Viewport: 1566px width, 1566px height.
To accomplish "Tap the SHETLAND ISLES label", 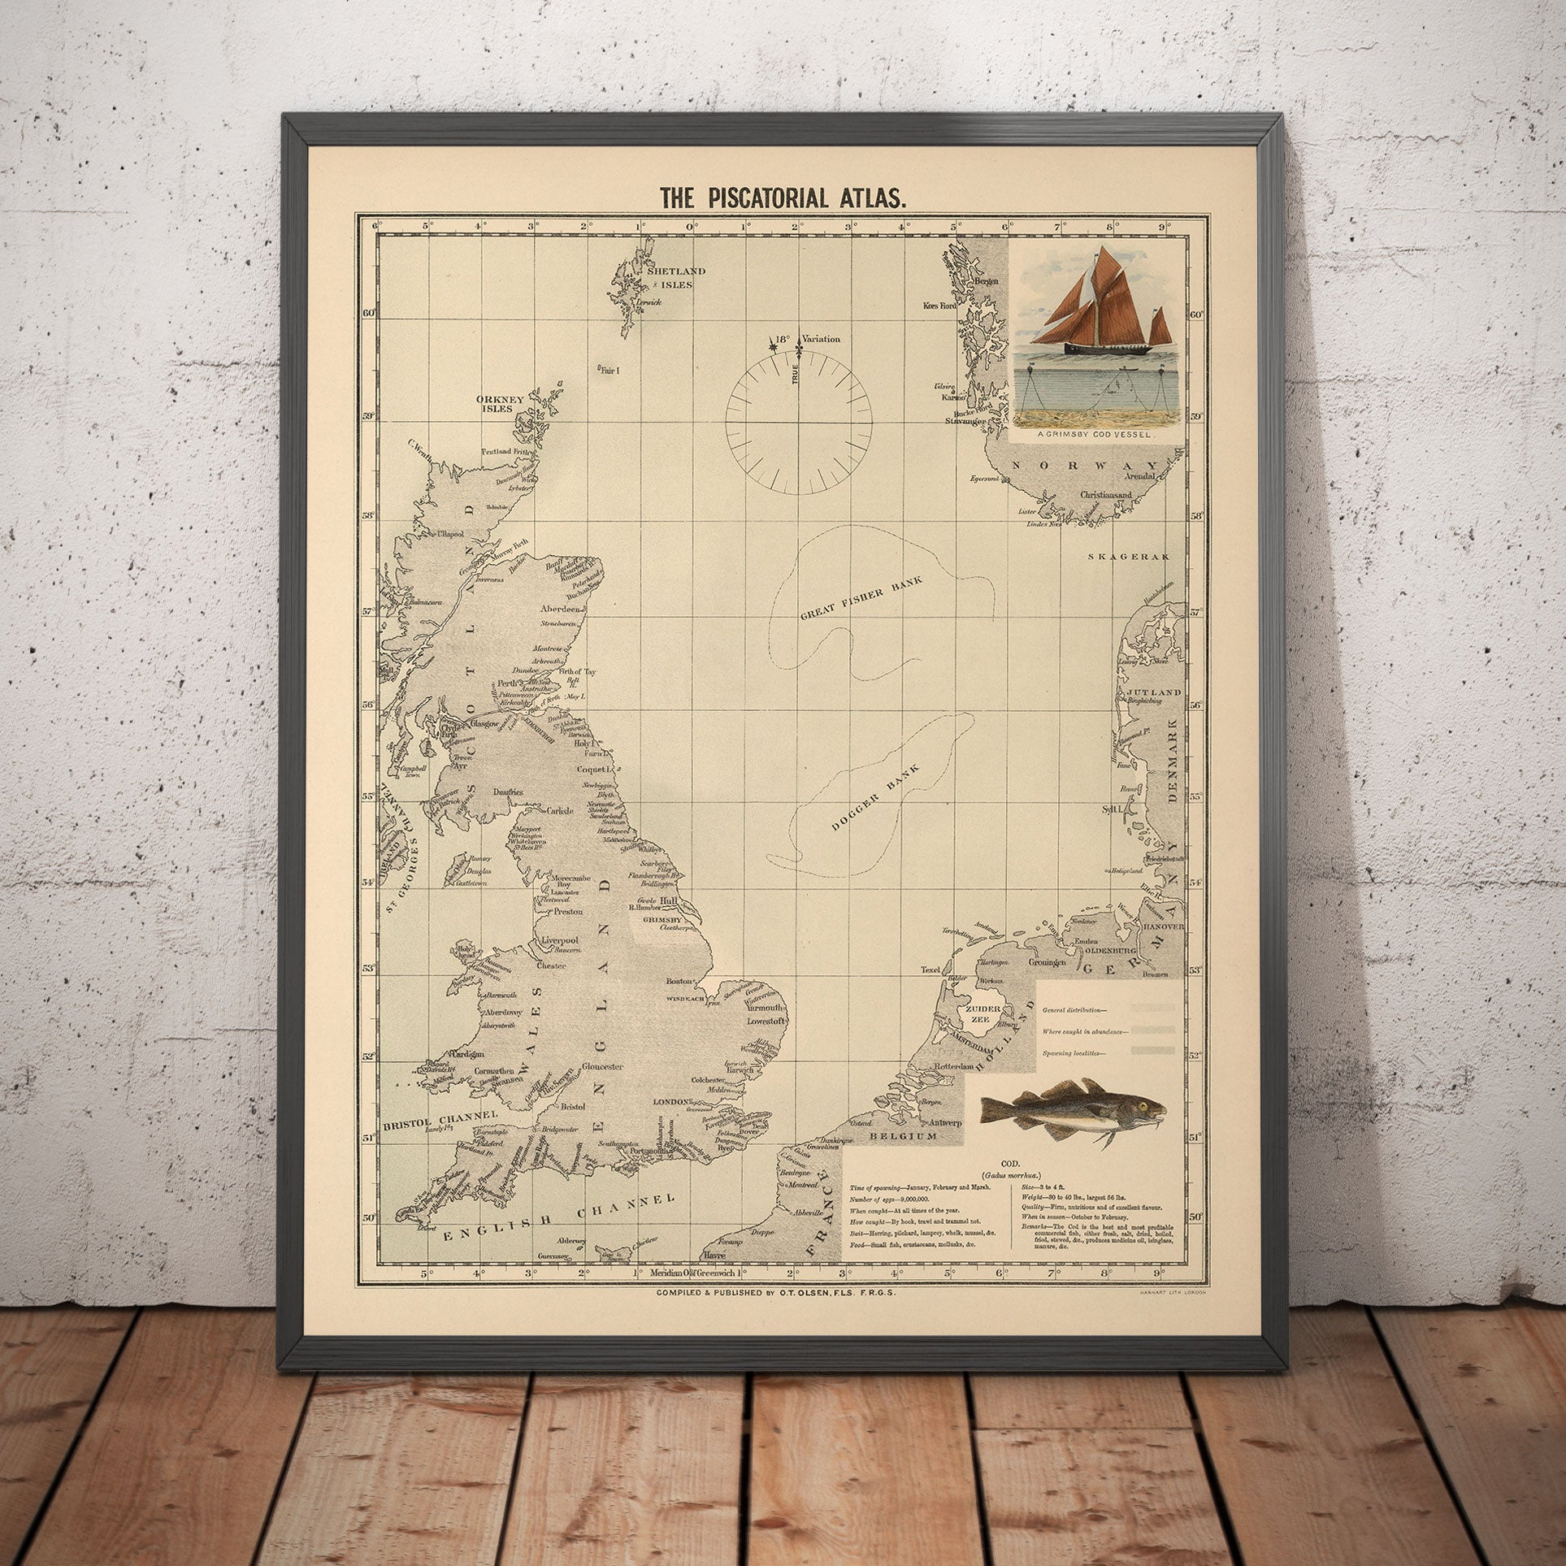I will (x=675, y=277).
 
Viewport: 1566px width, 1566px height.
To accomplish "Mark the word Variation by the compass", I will (x=821, y=339).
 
